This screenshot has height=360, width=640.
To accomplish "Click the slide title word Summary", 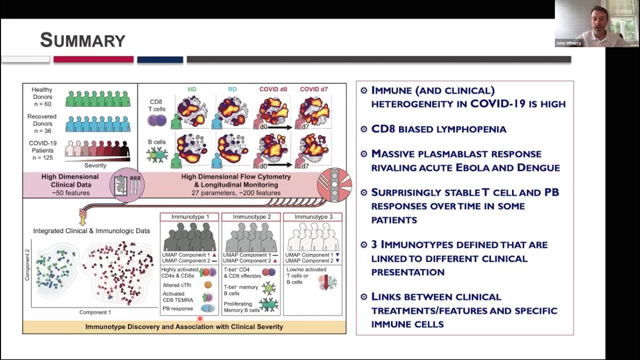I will [x=82, y=40].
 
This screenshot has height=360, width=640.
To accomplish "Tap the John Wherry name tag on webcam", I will [x=568, y=43].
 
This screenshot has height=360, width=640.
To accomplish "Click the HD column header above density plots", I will [x=192, y=89].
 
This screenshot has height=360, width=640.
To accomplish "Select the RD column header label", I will [x=232, y=89].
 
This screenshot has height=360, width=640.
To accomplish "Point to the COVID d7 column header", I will [x=313, y=89].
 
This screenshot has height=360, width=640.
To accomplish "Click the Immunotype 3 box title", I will [x=313, y=217].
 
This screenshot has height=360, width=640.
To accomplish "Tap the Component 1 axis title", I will [x=95, y=312].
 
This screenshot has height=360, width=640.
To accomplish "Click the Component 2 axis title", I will [x=27, y=267].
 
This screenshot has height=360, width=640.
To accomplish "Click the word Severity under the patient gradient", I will [x=95, y=165].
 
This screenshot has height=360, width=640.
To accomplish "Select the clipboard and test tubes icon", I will [x=127, y=185].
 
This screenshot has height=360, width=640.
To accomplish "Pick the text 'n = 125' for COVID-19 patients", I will [x=42, y=157].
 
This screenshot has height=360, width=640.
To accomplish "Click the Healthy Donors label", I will [x=42, y=93].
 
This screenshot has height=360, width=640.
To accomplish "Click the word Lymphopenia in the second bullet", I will [x=471, y=129].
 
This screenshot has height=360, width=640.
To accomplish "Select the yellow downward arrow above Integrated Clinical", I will [x=83, y=217].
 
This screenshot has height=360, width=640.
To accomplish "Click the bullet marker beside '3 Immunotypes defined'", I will [x=363, y=244].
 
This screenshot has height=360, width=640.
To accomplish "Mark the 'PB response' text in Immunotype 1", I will [x=177, y=308].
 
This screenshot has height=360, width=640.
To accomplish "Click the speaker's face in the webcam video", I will [x=596, y=20].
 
